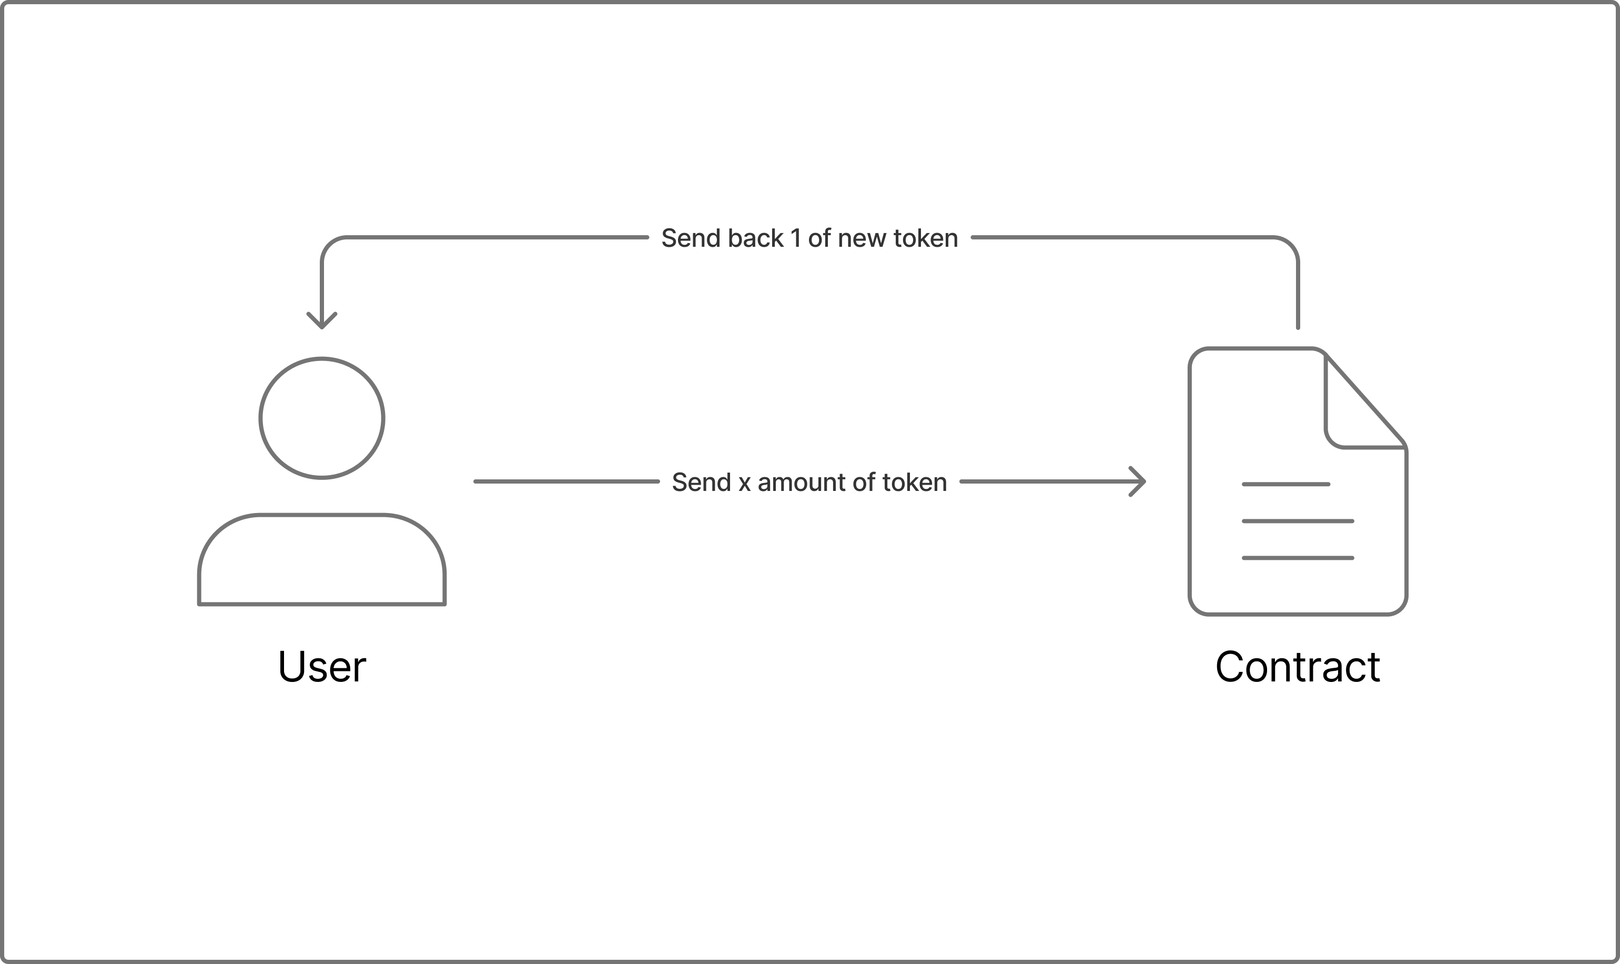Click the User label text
[322, 667]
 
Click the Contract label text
[1297, 667]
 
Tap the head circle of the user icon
[322, 418]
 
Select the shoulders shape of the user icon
[322, 560]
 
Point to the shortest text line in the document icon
[1285, 484]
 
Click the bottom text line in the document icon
[1297, 558]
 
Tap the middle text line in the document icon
[1297, 521]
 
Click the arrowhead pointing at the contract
[1138, 481]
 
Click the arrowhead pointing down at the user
[322, 321]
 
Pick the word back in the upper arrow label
[755, 238]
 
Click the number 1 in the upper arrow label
[795, 238]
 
